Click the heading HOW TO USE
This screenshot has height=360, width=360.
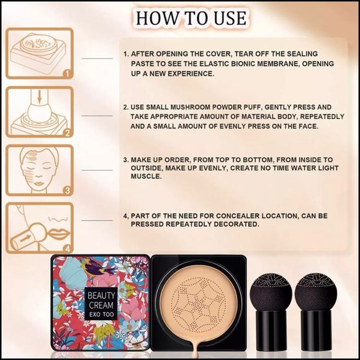click(191, 17)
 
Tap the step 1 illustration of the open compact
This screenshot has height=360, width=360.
click(39, 53)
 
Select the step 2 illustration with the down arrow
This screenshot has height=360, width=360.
click(39, 112)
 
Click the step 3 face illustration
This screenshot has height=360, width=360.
click(39, 169)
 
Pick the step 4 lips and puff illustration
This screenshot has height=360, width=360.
click(39, 227)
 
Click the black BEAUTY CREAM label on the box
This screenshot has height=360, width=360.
click(100, 302)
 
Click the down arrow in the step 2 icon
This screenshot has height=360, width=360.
click(38, 97)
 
